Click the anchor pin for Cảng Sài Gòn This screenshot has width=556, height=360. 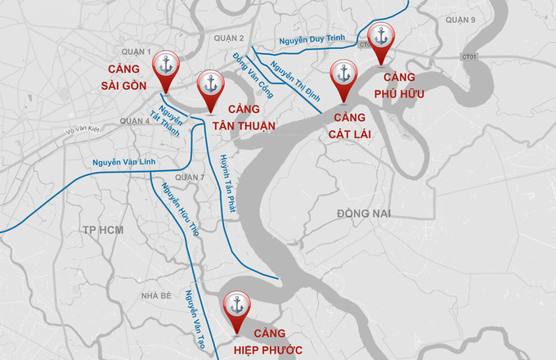(168, 66)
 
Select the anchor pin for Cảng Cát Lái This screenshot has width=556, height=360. (343, 74)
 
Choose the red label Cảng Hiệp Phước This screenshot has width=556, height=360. (267, 342)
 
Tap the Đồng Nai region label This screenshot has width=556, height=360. (365, 214)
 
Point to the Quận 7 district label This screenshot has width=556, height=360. (213, 178)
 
